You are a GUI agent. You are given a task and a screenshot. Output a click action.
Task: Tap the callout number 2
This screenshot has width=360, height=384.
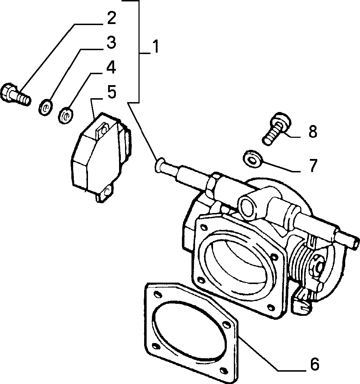tap(111, 18)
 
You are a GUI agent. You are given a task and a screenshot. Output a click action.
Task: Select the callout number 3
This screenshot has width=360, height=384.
tap(111, 42)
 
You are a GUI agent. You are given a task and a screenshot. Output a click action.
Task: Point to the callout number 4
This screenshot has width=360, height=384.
tap(111, 67)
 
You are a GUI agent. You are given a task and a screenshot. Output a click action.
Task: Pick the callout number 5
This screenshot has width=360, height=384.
tap(112, 92)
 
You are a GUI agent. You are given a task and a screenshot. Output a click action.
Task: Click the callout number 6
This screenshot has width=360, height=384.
tap(315, 364)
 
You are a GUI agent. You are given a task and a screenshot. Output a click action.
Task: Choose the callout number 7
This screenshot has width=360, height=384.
tap(313, 166)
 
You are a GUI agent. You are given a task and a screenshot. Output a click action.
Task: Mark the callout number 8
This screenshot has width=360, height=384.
tap(313, 131)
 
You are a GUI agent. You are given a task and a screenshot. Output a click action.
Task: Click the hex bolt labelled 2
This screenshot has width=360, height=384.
tap(16, 94)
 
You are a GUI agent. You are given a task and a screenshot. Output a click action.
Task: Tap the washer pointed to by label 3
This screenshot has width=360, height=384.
tap(46, 107)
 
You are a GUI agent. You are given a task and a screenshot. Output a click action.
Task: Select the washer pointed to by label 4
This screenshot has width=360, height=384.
tap(66, 115)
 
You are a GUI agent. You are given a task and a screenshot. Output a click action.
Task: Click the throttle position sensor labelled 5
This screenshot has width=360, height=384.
tap(101, 157)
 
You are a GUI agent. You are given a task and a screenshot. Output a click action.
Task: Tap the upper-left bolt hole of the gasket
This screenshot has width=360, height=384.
tap(157, 294)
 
